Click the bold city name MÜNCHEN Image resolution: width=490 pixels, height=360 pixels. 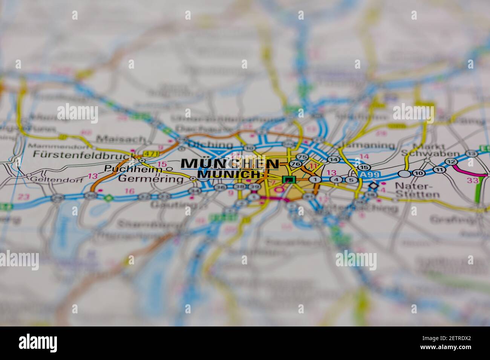point(230,164)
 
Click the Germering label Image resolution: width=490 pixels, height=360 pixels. point(150,179)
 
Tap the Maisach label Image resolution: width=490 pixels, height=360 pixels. point(121,139)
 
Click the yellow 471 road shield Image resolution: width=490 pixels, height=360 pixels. point(150,154)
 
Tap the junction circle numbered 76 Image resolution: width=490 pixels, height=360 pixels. point(296,164)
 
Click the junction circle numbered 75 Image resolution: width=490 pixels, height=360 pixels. point(302,157)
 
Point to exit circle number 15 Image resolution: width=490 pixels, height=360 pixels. point(363,167)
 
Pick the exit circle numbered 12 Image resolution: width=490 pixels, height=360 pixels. point(450,162)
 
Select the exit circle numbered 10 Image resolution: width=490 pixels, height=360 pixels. point(418,173)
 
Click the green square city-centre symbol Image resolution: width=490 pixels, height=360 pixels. point(289,180)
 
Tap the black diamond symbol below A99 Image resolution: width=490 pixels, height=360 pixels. point(373,186)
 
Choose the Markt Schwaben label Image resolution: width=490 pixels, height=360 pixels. point(430,150)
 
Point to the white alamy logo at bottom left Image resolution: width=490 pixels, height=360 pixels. point(38,343)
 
